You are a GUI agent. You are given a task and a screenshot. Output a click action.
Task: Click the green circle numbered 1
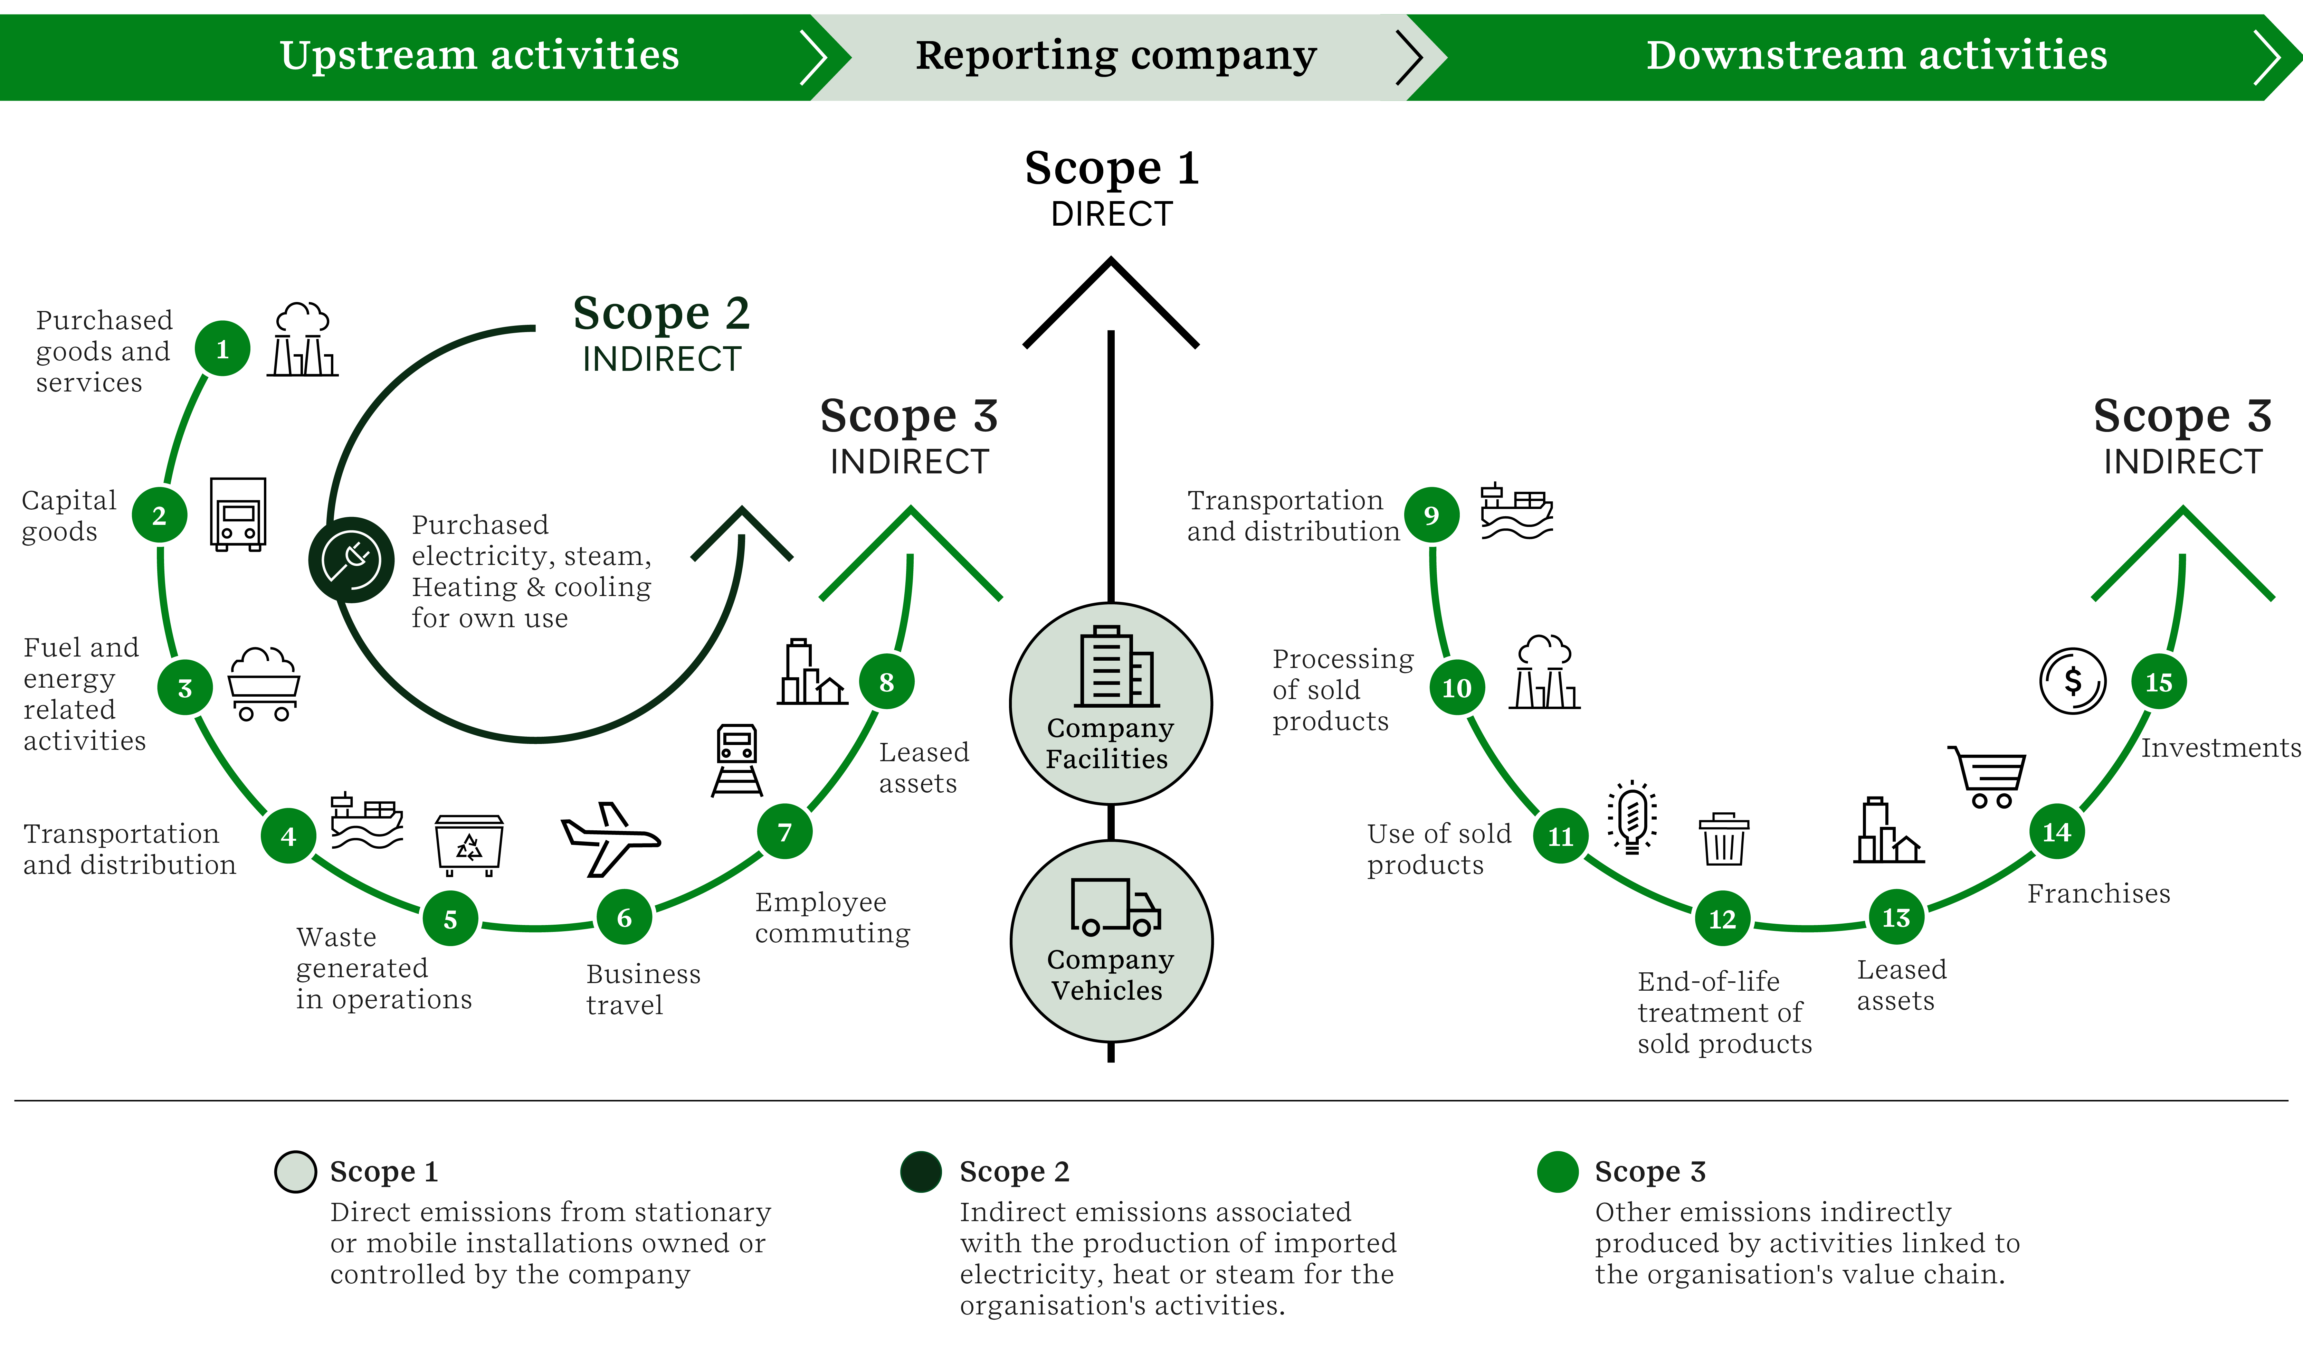pyautogui.click(x=222, y=348)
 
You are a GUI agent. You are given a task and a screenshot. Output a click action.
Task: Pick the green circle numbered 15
pyautogui.click(x=2158, y=682)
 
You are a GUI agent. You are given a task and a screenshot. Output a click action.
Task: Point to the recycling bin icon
pyautogui.click(x=468, y=843)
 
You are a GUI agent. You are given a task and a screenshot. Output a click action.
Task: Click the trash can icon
pyautogui.click(x=1723, y=839)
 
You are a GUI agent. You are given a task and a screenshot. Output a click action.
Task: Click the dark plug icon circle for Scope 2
pyautogui.click(x=351, y=559)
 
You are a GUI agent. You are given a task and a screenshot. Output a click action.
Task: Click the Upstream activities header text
pyautogui.click(x=479, y=55)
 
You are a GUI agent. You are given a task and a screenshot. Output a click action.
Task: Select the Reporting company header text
pyautogui.click(x=1115, y=55)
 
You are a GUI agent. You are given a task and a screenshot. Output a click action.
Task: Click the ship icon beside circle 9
pyautogui.click(x=1516, y=512)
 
